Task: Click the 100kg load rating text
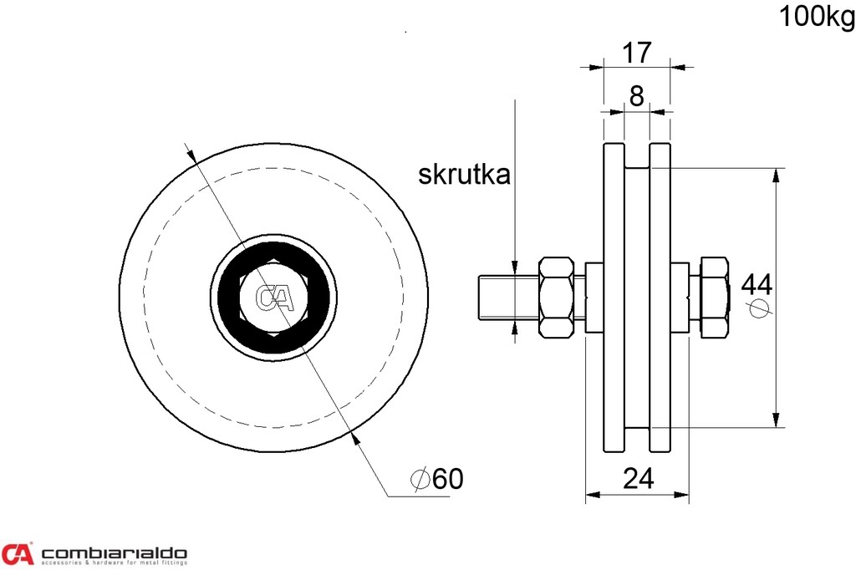(817, 17)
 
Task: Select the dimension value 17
(636, 53)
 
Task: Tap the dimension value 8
(636, 96)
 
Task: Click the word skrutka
(464, 175)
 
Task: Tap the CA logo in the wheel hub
(273, 298)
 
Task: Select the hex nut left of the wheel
(557, 297)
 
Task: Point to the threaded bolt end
(497, 298)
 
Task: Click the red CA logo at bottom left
(18, 553)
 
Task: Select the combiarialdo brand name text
(115, 552)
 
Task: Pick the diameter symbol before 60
(420, 479)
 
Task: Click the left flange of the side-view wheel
(613, 298)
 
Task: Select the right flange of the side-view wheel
(660, 298)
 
